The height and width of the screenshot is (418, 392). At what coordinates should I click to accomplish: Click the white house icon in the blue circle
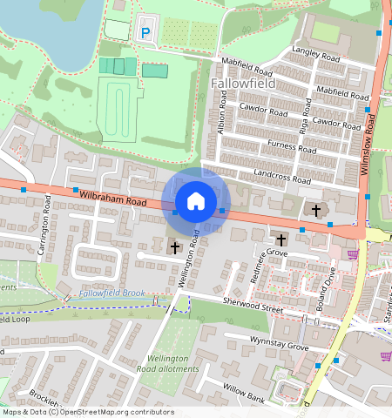pyautogui.click(x=196, y=201)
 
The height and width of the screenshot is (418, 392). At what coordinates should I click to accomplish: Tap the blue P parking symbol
pyautogui.click(x=145, y=33)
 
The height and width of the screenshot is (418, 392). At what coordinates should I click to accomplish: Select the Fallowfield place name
pyautogui.click(x=243, y=84)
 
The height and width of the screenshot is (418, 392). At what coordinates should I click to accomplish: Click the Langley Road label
pyautogui.click(x=317, y=55)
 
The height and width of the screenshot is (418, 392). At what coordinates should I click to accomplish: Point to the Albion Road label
pyautogui.click(x=223, y=115)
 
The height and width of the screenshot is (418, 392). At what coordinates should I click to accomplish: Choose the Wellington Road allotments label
pyautogui.click(x=167, y=363)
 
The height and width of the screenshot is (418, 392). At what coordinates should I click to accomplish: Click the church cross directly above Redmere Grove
pyautogui.click(x=281, y=239)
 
